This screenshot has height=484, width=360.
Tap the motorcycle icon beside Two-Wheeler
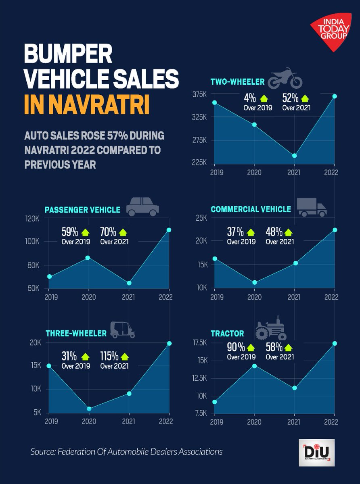[x=285, y=79]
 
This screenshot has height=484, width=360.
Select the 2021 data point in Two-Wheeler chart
[x=295, y=156]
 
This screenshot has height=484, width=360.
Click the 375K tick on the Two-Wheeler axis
[x=199, y=94]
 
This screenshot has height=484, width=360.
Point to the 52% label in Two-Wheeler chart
[x=289, y=98]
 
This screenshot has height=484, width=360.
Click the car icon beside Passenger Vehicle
[x=142, y=208]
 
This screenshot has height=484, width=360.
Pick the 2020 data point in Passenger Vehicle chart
[x=88, y=258]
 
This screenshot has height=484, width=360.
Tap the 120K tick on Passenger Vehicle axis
[x=33, y=218]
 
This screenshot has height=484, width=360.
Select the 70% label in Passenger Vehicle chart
[x=108, y=232]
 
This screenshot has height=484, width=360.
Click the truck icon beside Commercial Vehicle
[x=312, y=207]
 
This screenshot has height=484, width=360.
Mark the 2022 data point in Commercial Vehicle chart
[x=335, y=230]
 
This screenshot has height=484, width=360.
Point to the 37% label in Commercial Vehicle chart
[x=235, y=232]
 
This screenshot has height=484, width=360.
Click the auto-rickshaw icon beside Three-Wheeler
[x=123, y=330]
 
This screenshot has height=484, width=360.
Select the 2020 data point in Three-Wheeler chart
[x=89, y=409]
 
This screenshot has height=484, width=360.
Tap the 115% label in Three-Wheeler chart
[x=109, y=357]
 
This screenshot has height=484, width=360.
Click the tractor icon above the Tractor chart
[x=270, y=328]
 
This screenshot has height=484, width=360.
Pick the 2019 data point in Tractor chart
[x=214, y=402]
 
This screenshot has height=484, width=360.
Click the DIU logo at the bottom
[x=316, y=453]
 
